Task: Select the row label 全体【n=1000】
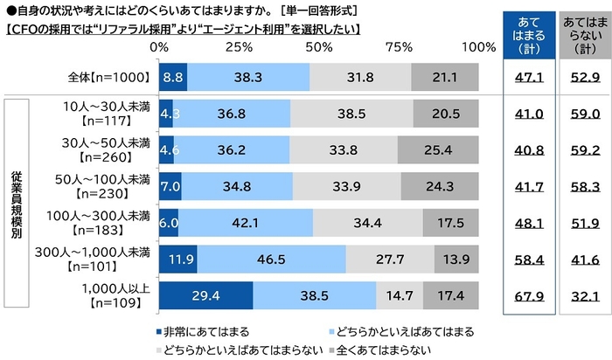pos(108,78)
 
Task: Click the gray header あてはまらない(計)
pos(581,34)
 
